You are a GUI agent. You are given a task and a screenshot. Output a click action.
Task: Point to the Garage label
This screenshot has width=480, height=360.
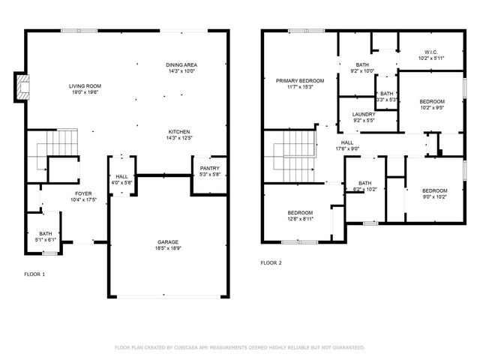pos(167,244)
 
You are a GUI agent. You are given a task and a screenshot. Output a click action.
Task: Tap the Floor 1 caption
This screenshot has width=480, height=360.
pos(34,274)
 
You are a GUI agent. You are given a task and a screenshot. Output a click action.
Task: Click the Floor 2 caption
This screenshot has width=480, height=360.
pos(271,263)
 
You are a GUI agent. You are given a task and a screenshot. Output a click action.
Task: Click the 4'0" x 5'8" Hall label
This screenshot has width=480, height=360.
pos(121,180)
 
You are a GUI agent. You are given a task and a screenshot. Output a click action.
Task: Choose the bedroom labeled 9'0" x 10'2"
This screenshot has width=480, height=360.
pos(433,193)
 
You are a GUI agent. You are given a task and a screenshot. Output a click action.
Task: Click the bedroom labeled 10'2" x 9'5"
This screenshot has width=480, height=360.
pos(431,104)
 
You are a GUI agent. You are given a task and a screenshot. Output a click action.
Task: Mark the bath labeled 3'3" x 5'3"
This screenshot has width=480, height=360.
pos(386,96)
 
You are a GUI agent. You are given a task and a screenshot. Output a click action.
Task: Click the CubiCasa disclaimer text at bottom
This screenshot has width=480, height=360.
pos(239,347)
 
